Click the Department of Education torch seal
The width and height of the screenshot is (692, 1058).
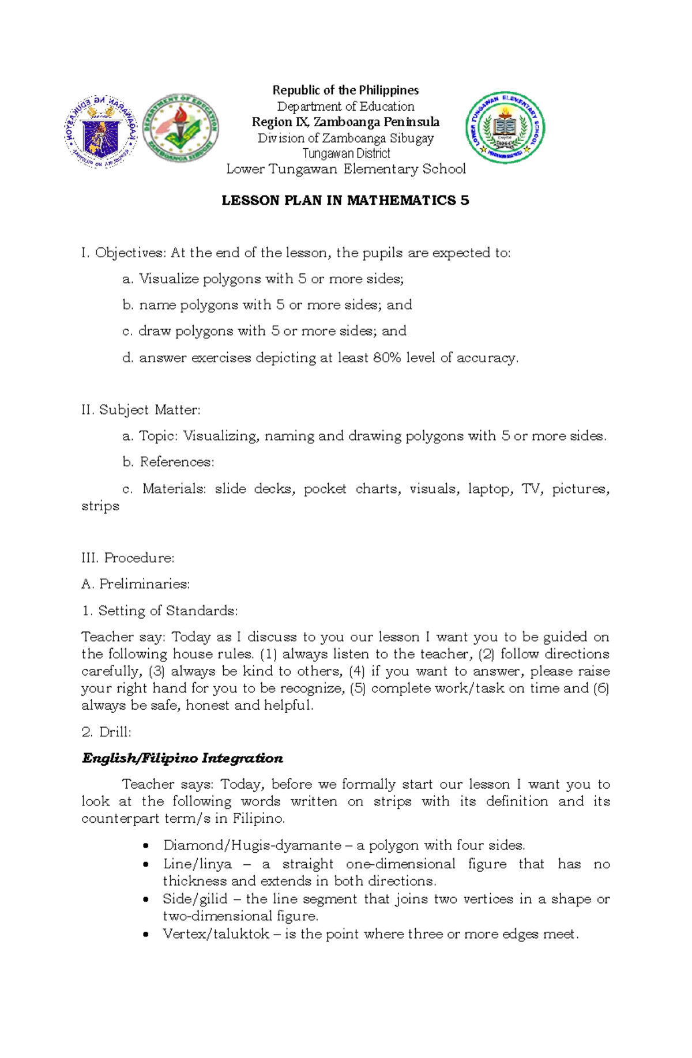coord(180,128)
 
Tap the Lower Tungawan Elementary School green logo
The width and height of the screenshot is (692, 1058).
coord(505,127)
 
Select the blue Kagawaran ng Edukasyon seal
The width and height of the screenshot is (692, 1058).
coord(101,131)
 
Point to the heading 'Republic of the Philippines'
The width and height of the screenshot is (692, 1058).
coord(345,90)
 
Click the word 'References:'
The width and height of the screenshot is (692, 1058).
coord(177,462)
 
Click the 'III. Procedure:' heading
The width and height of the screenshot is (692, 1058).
coord(128,558)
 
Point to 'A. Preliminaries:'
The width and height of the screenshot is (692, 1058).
coord(136,584)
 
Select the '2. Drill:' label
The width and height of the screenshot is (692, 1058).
coord(107,732)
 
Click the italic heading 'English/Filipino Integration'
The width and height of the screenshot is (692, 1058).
coord(182,758)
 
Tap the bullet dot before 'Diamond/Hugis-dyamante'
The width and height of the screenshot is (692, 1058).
coord(146,846)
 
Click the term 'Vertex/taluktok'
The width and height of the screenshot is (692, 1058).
coord(216,934)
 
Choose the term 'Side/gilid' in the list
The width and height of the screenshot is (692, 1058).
coord(195,899)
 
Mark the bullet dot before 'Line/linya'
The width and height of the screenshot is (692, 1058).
coord(146,864)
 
